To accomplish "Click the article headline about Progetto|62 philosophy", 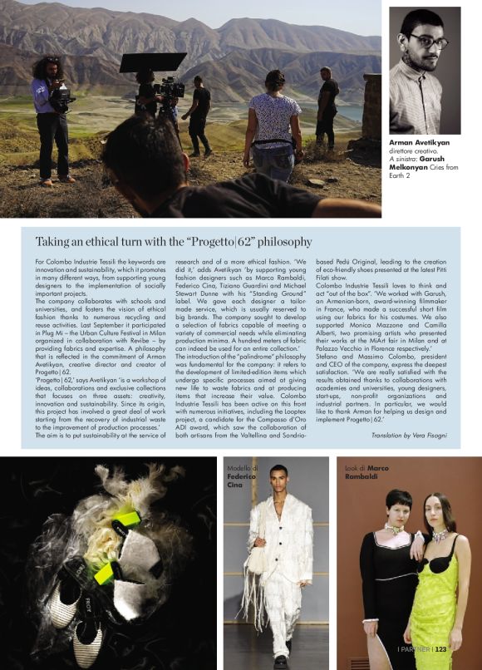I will pos(174,242).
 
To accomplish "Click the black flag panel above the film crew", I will pos(153,62).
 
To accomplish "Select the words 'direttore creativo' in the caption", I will pos(415,151).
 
